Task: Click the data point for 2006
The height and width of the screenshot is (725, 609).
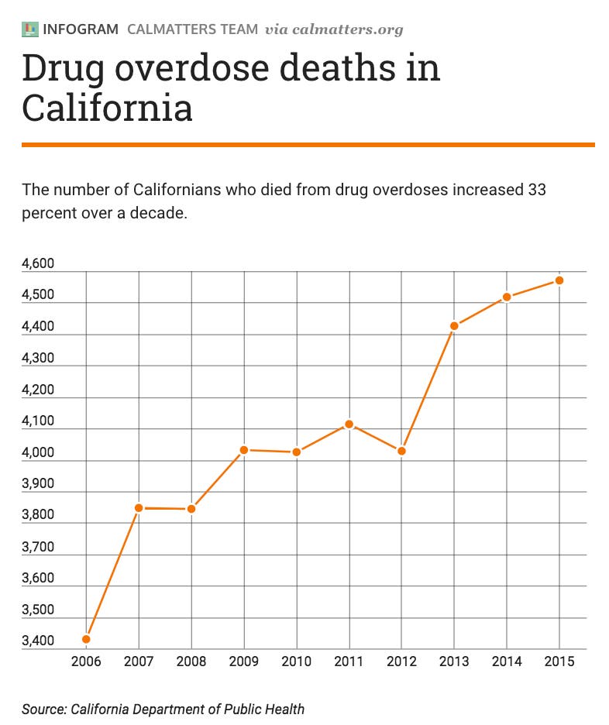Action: (86, 639)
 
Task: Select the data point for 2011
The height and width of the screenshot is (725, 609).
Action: (349, 424)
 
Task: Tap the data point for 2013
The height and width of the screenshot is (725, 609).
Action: (454, 326)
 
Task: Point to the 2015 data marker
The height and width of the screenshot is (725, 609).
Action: (559, 280)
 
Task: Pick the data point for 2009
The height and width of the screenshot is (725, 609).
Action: (244, 450)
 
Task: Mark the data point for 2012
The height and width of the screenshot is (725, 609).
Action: (401, 451)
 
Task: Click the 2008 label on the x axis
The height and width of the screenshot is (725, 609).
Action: (191, 661)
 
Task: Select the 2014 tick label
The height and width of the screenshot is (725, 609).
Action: (507, 661)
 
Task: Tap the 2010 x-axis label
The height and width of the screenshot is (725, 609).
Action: (297, 661)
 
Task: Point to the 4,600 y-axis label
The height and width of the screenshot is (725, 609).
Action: (38, 263)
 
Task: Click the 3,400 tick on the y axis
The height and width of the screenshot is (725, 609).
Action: (38, 641)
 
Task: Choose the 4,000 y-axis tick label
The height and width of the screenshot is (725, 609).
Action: (38, 452)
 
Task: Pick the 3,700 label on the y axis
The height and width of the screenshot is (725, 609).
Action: (38, 547)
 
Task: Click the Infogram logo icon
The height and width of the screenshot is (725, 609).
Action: (30, 29)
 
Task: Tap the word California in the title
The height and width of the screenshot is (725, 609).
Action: (107, 108)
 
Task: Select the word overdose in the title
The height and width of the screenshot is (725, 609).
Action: (192, 67)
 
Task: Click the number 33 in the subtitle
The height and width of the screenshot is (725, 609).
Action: (537, 190)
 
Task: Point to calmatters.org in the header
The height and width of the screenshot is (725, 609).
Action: (348, 29)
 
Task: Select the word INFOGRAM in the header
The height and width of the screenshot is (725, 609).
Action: (81, 29)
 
